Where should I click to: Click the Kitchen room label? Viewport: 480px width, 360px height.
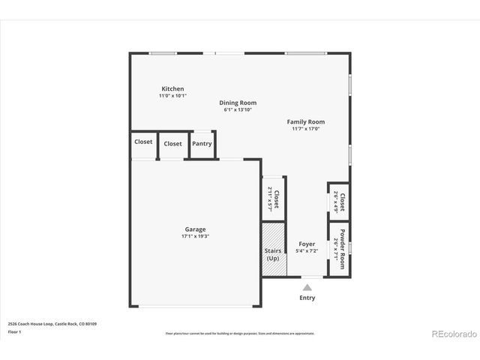click(171, 89)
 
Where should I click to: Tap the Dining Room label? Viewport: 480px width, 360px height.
click(238, 103)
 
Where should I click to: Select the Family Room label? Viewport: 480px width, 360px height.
click(306, 121)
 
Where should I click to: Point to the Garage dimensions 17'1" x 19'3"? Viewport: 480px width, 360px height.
click(195, 236)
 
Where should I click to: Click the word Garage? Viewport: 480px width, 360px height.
click(195, 229)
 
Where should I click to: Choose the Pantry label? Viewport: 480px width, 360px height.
click(202, 144)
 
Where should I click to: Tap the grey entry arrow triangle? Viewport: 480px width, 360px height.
click(307, 286)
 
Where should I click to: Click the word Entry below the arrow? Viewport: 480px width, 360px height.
click(307, 298)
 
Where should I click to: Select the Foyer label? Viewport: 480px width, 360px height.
click(307, 244)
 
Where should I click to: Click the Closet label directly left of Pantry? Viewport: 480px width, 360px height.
click(172, 144)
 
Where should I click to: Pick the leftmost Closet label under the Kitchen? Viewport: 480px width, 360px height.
click(143, 142)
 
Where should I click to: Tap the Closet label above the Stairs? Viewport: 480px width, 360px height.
click(276, 199)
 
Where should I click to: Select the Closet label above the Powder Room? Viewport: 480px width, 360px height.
click(342, 202)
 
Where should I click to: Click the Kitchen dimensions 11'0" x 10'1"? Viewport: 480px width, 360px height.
click(172, 96)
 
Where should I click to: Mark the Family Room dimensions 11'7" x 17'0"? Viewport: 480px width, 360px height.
click(306, 128)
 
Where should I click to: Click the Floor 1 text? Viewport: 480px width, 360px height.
click(14, 331)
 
